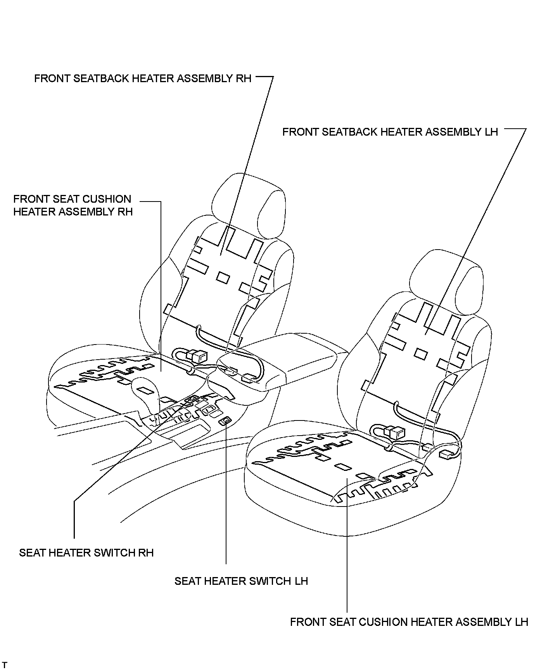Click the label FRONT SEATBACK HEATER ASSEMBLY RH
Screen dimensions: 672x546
(x=143, y=78)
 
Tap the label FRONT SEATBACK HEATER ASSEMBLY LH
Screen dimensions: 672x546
(x=390, y=132)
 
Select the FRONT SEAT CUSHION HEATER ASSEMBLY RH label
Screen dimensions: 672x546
(x=73, y=205)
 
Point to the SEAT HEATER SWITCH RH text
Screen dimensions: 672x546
(x=86, y=553)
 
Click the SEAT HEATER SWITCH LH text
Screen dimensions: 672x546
(x=241, y=581)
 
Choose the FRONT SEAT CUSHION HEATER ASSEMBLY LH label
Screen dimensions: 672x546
(x=409, y=622)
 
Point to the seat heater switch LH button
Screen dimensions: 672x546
(x=225, y=420)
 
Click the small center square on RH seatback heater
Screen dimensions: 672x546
(x=223, y=277)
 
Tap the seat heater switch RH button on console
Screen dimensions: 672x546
(x=192, y=398)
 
